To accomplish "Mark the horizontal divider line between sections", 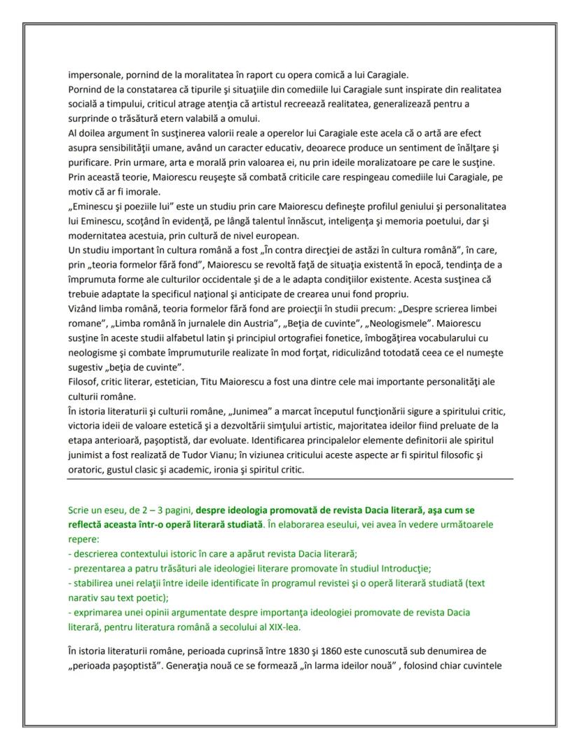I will (290, 479).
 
